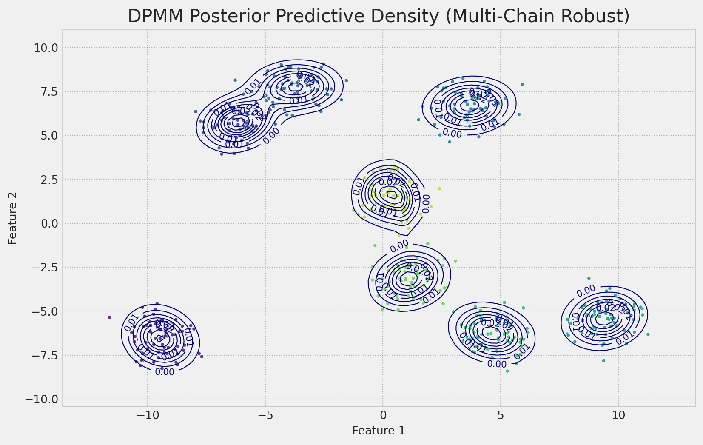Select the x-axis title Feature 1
[x=379, y=431]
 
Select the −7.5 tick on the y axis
[x=45, y=355]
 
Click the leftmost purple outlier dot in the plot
[x=109, y=317]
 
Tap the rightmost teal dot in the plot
[x=648, y=334]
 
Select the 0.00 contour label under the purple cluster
[x=164, y=372]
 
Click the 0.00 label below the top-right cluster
[x=452, y=133]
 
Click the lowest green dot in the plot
[x=507, y=371]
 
